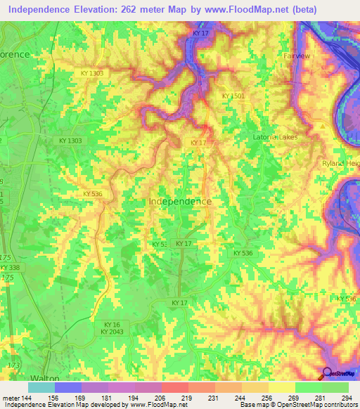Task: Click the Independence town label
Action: [180, 201]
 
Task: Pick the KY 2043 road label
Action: [112, 332]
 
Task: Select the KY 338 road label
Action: [11, 268]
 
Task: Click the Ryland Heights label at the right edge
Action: [345, 163]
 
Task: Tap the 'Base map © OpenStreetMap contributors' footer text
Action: [298, 405]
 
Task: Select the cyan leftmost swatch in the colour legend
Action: [41, 387]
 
